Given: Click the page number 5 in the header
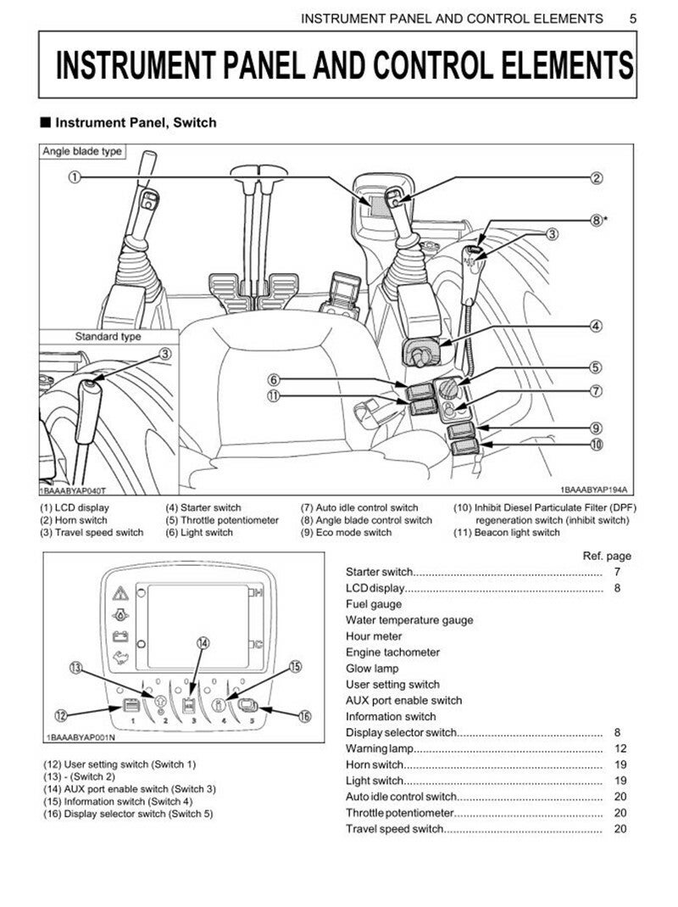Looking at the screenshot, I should [x=633, y=18].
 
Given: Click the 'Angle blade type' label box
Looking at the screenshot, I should [x=82, y=152].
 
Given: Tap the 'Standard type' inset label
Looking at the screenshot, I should [x=108, y=336].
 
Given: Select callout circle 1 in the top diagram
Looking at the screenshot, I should [x=75, y=177].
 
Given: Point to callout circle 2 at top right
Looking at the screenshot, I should [x=597, y=177].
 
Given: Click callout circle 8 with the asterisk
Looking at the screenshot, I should [x=597, y=219].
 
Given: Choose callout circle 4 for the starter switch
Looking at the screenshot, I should [x=597, y=326].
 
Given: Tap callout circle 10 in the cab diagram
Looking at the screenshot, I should [x=597, y=444].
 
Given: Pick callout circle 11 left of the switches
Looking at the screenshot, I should [x=273, y=395].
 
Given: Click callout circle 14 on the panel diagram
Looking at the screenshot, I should [x=203, y=643].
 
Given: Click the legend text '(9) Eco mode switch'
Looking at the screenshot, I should [x=347, y=532].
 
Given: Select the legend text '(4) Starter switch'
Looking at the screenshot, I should [x=203, y=508].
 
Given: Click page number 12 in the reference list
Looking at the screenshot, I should [x=620, y=748].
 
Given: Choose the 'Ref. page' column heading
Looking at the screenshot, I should [x=606, y=556].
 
